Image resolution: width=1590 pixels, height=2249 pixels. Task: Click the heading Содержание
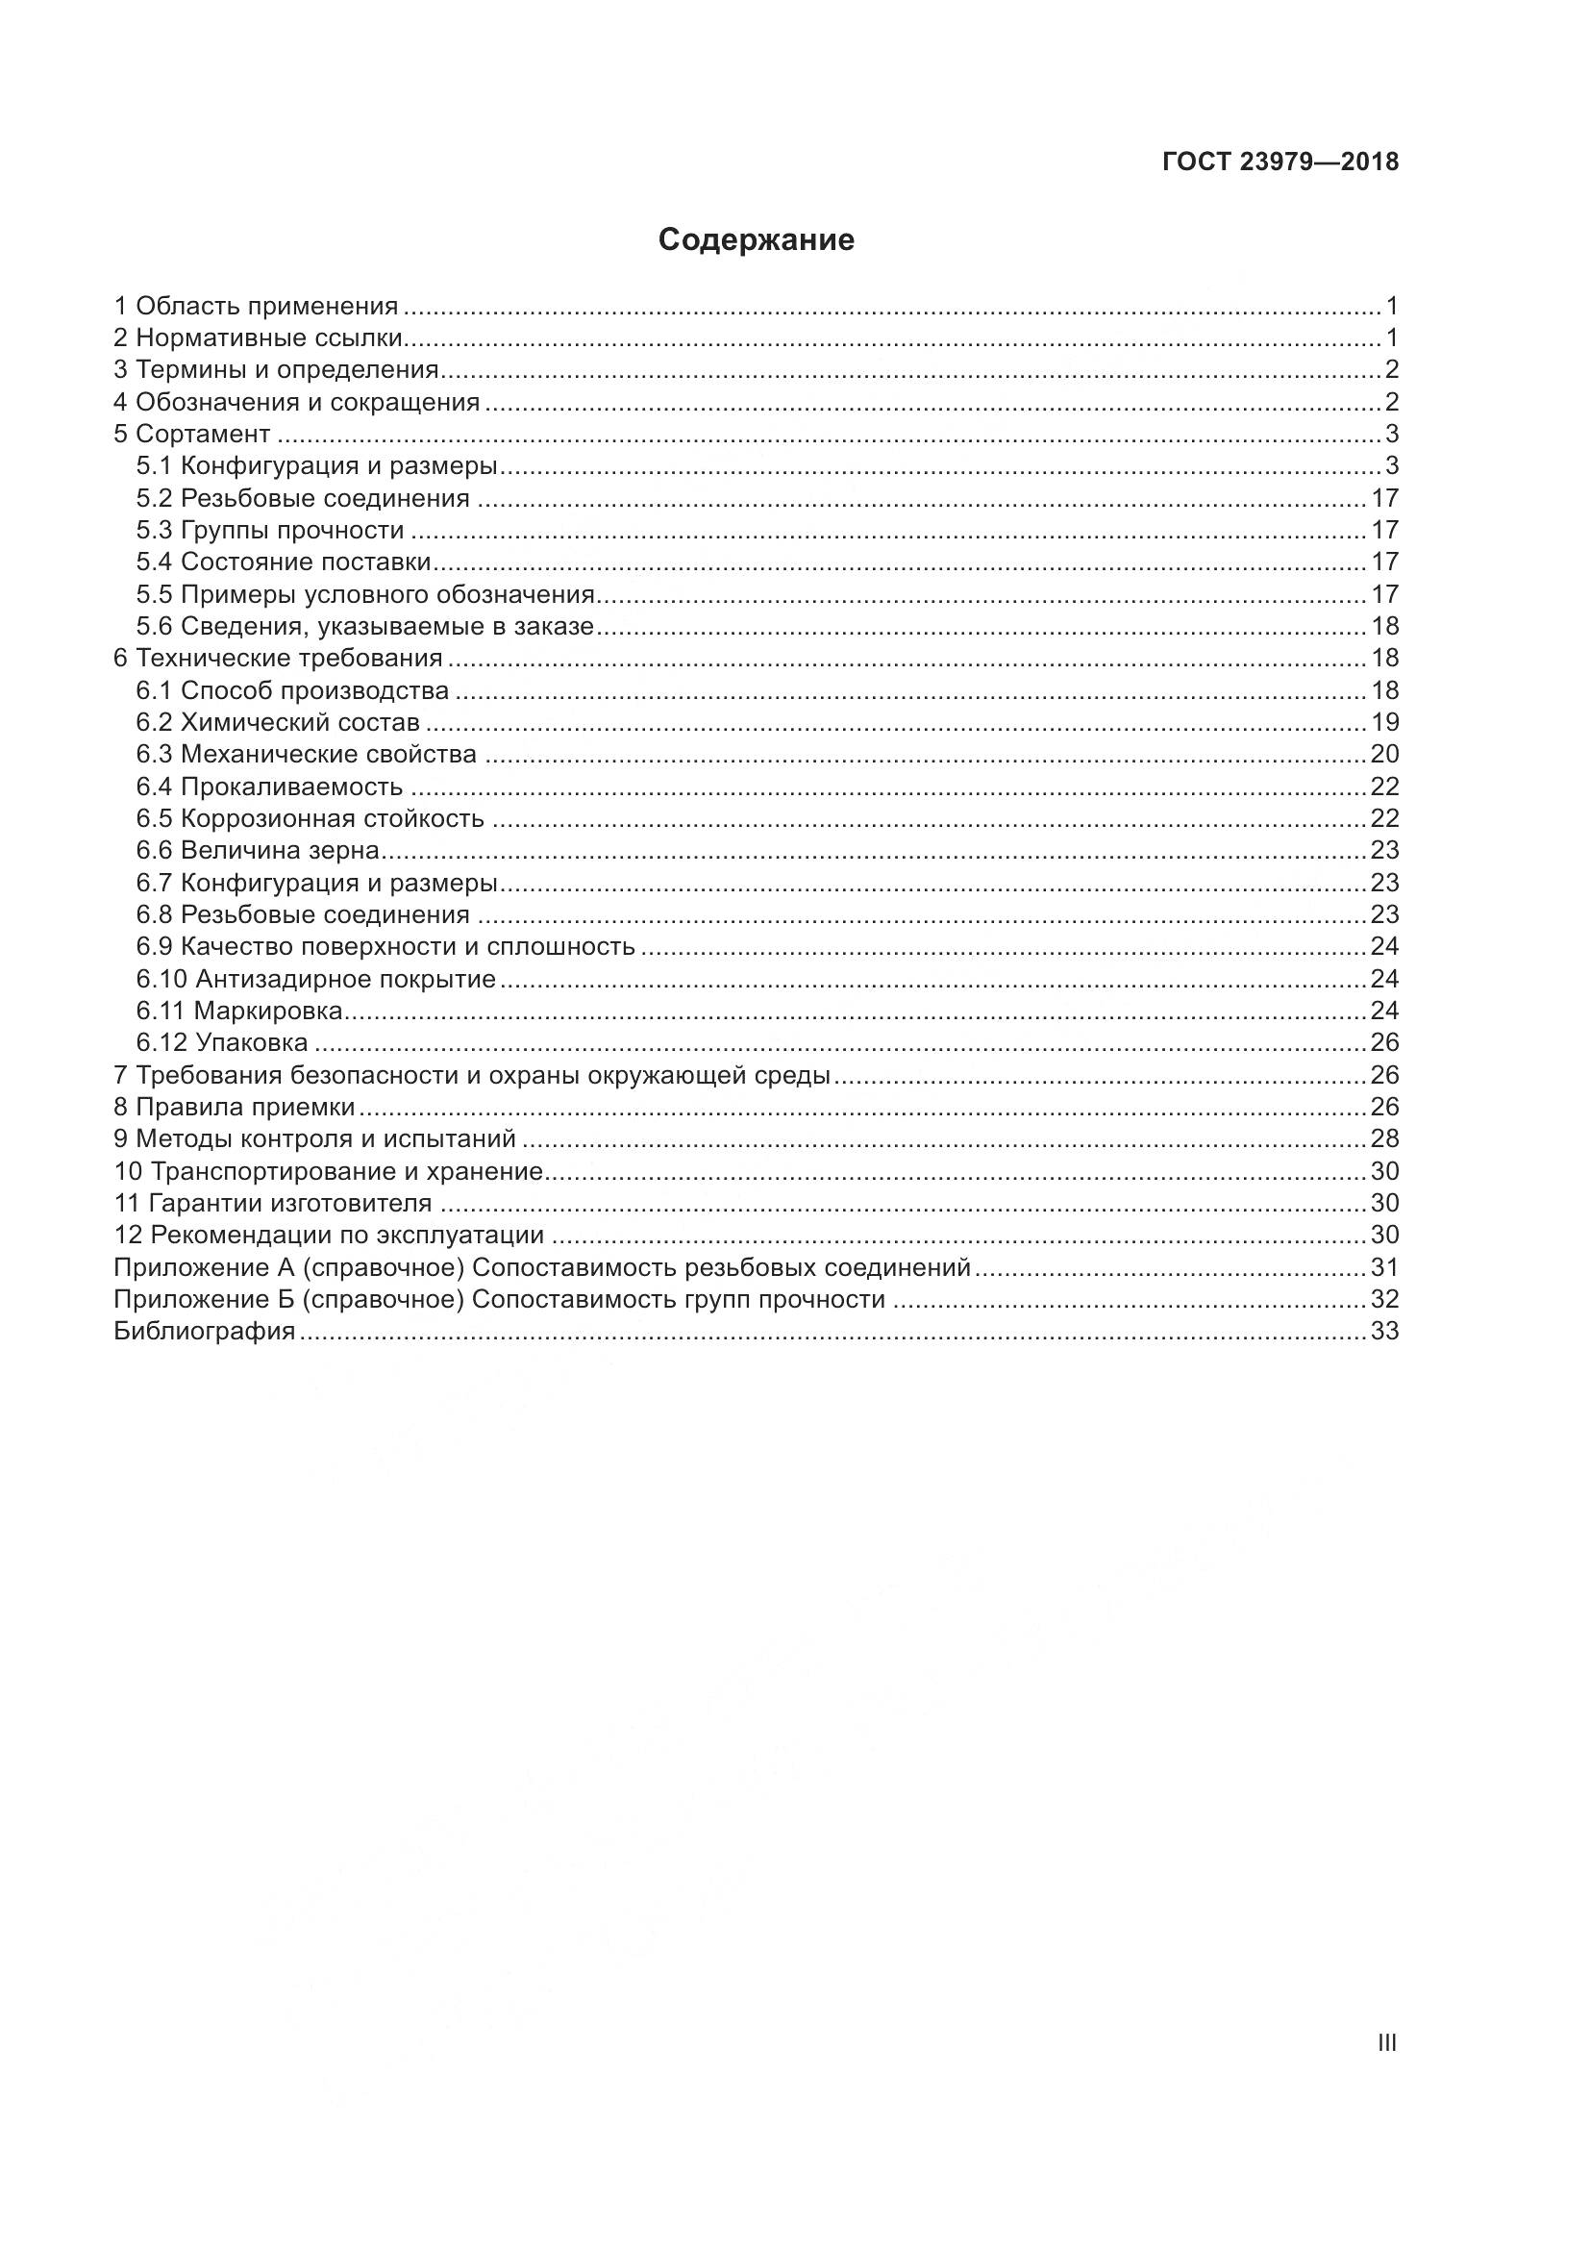coord(756,240)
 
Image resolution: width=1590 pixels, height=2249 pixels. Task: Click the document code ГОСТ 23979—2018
coord(1279,162)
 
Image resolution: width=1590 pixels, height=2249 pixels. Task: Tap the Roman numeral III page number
coord(1386,2042)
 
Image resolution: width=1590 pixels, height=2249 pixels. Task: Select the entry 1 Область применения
coord(257,307)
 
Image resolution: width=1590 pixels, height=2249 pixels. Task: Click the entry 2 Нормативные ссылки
coord(259,338)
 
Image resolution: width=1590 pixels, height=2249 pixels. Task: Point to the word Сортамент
coord(203,434)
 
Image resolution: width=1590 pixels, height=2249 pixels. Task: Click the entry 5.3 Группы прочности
coord(270,531)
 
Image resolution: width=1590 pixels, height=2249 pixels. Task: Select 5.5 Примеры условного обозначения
coord(366,594)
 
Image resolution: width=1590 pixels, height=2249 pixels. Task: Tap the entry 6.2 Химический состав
coord(278,723)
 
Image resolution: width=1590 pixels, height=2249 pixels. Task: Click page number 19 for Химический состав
coord(1384,723)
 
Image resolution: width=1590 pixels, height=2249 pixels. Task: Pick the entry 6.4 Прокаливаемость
coord(269,787)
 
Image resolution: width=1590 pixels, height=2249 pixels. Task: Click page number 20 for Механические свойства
coord(1384,754)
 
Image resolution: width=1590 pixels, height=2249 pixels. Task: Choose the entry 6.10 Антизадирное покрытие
coord(316,980)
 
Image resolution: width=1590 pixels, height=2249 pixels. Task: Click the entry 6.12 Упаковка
coord(222,1043)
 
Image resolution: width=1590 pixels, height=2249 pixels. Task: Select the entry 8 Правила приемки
coord(235,1108)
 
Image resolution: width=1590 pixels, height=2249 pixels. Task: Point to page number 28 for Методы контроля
coord(1384,1139)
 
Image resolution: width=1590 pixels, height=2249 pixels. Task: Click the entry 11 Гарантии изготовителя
coord(273,1203)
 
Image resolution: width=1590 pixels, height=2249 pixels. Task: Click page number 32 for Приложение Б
coord(1384,1300)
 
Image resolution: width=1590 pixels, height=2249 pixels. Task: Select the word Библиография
coord(205,1331)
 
